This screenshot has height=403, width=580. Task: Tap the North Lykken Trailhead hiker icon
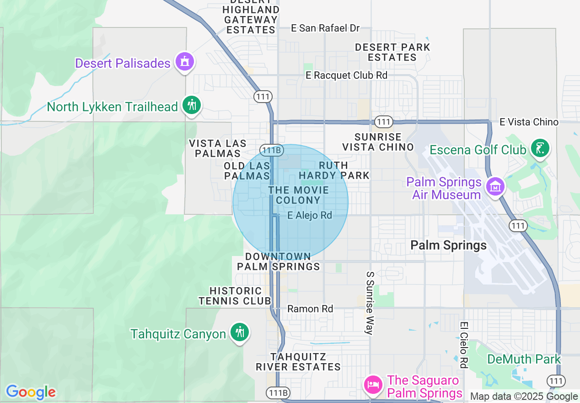pyautogui.click(x=192, y=105)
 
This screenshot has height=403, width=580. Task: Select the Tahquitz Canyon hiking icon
pyautogui.click(x=239, y=332)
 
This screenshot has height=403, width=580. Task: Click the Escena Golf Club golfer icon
pyautogui.click(x=540, y=148)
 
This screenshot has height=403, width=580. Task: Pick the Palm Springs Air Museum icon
pyautogui.click(x=495, y=186)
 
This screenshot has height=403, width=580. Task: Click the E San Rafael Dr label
pyautogui.click(x=326, y=28)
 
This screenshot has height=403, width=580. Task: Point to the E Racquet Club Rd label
pyautogui.click(x=347, y=75)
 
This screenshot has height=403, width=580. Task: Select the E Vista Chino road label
pyautogui.click(x=529, y=122)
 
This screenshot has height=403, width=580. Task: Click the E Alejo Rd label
pyautogui.click(x=310, y=215)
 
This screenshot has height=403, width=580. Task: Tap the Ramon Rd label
pyautogui.click(x=310, y=309)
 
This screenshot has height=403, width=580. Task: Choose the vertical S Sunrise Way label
pyautogui.click(x=370, y=303)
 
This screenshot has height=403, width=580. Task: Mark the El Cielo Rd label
pyautogui.click(x=464, y=345)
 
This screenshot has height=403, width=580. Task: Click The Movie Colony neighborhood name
pyautogui.click(x=298, y=195)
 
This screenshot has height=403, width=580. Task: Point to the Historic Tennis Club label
pyautogui.click(x=235, y=296)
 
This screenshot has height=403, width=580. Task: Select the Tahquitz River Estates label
pyautogui.click(x=298, y=362)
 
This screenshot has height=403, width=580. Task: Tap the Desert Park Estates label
pyautogui.click(x=392, y=52)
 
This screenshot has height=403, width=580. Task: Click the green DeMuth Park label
pyautogui.click(x=524, y=359)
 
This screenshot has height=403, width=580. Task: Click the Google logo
pyautogui.click(x=31, y=392)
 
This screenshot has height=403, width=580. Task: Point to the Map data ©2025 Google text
pyautogui.click(x=524, y=397)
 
